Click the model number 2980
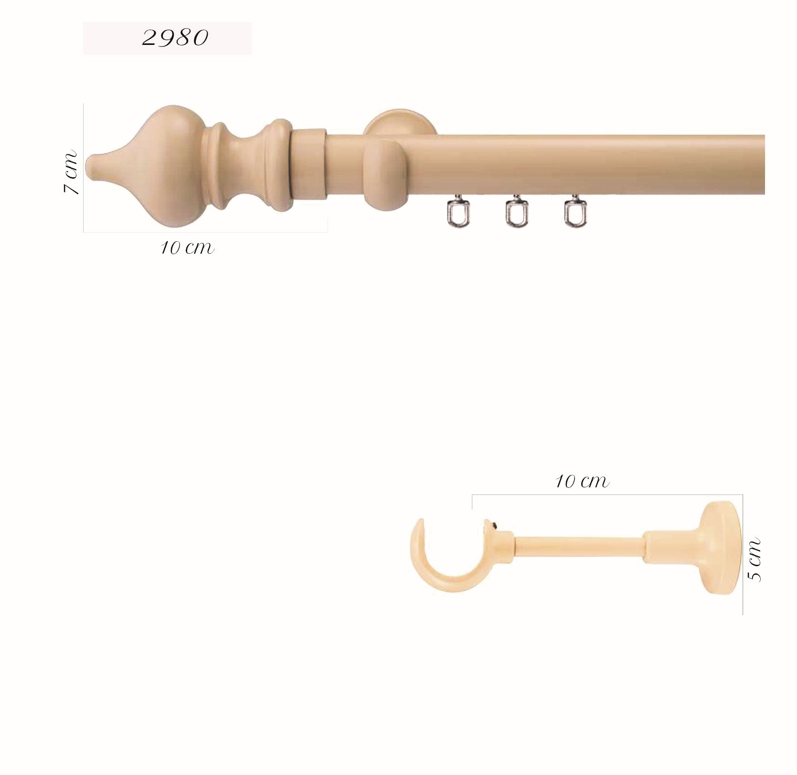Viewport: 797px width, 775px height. pyautogui.click(x=175, y=38)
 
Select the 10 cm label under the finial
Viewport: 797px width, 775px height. pyautogui.click(x=187, y=248)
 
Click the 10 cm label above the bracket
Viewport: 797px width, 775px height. pyautogui.click(x=582, y=481)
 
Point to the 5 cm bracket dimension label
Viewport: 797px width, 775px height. pyautogui.click(x=754, y=560)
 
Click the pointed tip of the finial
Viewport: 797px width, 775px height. pyautogui.click(x=89, y=164)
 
